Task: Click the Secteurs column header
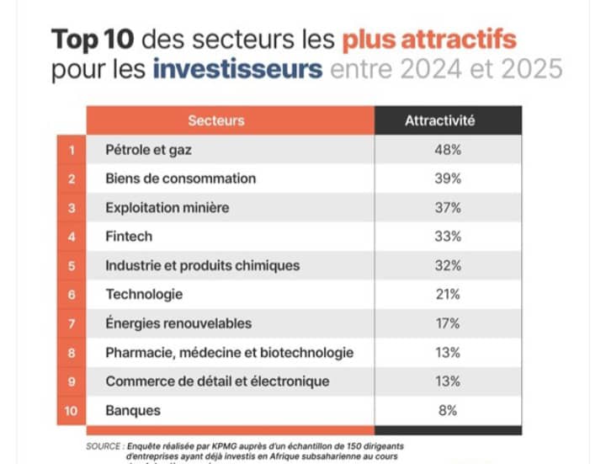click(216, 120)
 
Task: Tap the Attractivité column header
click(439, 120)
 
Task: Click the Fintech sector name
click(129, 237)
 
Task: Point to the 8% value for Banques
click(447, 411)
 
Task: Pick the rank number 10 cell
click(72, 411)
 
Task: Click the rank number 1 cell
click(72, 150)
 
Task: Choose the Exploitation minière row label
click(167, 208)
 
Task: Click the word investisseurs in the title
click(237, 68)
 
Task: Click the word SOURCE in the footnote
click(104, 444)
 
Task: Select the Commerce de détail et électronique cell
click(217, 381)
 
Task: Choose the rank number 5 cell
click(72, 266)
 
